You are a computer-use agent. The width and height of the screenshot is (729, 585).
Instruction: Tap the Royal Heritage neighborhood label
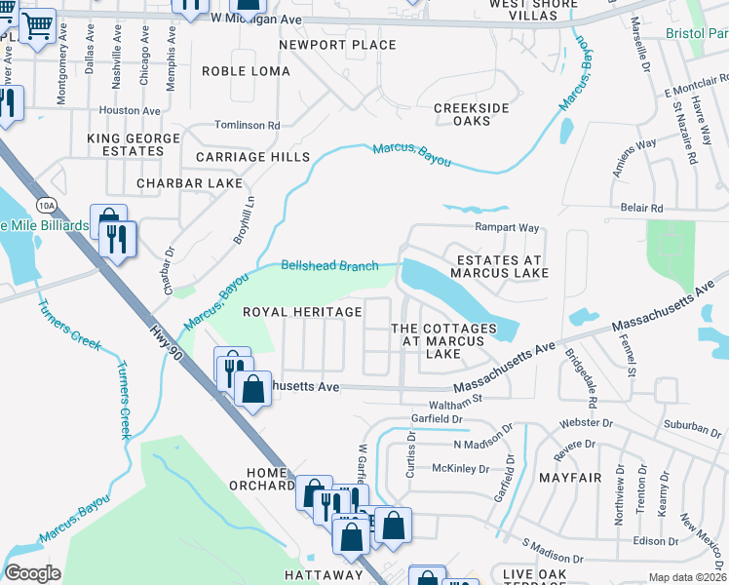pos(302,312)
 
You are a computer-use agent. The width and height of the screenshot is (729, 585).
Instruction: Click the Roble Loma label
pos(246,71)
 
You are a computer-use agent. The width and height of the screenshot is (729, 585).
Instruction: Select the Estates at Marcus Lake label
pos(500,266)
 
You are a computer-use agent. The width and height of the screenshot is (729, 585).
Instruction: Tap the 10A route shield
pos(44,205)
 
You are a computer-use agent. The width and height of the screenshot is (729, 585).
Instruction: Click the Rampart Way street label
pos(507,227)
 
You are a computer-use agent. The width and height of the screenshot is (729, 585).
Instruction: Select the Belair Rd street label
pos(641,209)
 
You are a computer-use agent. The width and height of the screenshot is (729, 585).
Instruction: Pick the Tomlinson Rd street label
pos(248,126)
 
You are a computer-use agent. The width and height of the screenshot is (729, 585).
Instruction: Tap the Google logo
pos(32,573)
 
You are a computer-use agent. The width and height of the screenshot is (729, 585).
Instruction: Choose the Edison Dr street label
pos(654,541)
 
